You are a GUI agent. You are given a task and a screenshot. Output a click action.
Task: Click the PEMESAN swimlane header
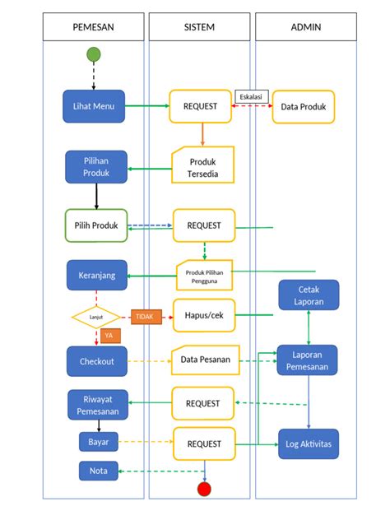tap(93, 27)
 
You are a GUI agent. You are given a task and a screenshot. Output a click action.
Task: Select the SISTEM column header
tap(199, 27)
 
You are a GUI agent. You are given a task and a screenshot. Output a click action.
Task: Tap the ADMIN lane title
tap(305, 27)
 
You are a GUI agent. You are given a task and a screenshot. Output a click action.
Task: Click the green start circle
tap(94, 54)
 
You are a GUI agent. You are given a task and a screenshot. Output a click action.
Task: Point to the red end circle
tap(204, 489)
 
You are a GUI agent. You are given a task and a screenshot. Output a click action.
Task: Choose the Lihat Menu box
tap(94, 106)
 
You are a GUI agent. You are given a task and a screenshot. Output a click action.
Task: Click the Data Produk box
tap(304, 107)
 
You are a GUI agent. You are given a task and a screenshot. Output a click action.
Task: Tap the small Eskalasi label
tap(250, 96)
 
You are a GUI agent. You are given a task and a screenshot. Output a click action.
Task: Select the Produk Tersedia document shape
tap(203, 167)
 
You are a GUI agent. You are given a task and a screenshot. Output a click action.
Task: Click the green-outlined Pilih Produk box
tap(96, 225)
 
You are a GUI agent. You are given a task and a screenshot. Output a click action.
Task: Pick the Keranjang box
tap(97, 275)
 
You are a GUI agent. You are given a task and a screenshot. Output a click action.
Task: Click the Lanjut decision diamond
tap(96, 316)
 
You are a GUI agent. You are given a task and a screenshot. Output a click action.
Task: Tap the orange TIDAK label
tap(145, 316)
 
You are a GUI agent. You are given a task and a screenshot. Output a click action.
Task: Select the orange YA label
tap(108, 336)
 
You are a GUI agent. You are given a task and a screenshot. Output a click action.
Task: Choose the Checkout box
tap(97, 360)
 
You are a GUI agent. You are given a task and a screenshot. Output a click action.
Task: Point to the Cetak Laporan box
tap(308, 296)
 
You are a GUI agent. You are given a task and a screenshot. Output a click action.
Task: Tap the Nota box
tap(97, 471)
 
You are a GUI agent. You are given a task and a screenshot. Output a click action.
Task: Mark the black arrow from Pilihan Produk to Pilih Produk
tap(96, 196)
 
